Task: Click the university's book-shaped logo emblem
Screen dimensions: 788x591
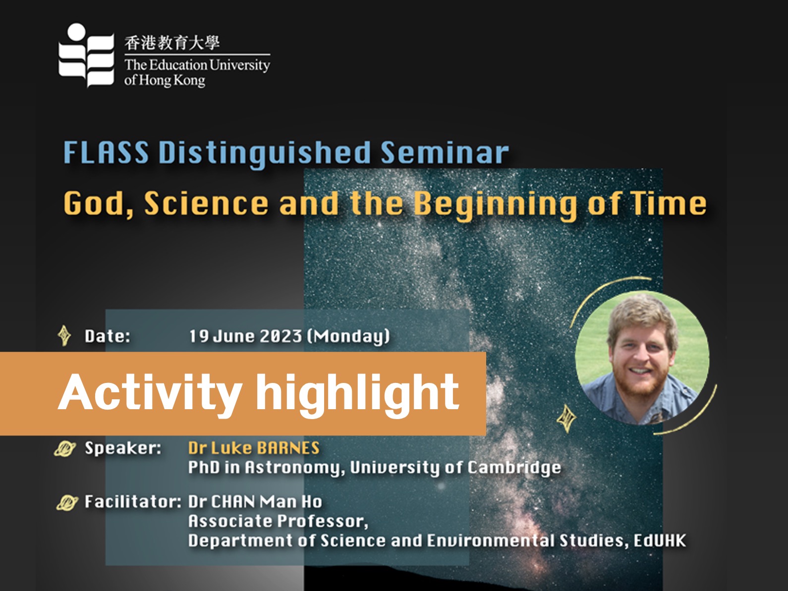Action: (86, 55)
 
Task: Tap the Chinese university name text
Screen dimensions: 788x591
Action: (172, 43)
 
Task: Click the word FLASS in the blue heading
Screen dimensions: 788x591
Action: (106, 153)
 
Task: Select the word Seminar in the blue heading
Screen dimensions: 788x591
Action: (445, 153)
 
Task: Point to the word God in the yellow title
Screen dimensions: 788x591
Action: (98, 204)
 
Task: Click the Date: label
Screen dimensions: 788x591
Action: (108, 336)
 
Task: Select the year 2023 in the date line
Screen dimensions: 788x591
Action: (281, 336)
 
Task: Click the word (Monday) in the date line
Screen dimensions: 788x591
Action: (348, 336)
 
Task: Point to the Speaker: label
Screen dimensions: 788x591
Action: (123, 448)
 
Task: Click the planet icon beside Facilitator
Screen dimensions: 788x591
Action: (67, 502)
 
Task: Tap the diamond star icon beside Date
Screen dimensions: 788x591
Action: (64, 336)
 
